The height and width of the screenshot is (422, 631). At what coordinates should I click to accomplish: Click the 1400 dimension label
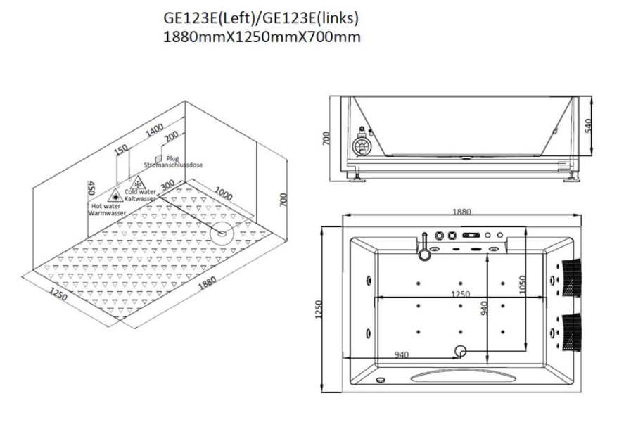click(154, 129)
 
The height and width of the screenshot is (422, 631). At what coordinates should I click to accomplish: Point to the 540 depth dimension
click(588, 125)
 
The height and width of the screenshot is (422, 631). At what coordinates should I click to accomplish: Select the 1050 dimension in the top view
click(523, 284)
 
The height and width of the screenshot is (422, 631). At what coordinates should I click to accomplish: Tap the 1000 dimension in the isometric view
click(223, 193)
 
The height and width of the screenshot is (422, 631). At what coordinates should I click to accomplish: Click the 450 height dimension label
click(91, 188)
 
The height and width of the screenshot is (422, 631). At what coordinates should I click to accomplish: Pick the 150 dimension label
click(121, 150)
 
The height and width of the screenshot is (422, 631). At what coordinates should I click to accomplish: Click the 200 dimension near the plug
click(172, 136)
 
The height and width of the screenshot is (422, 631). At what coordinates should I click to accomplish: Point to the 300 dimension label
click(167, 185)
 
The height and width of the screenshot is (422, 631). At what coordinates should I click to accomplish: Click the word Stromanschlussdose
click(173, 165)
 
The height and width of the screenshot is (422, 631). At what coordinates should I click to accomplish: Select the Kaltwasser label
click(140, 199)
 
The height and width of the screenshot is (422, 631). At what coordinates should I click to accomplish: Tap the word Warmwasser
click(107, 213)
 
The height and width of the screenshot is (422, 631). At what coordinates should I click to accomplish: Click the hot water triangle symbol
click(116, 195)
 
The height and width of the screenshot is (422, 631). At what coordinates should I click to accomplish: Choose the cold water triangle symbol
click(139, 183)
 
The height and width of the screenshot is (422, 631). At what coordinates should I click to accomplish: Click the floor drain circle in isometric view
click(222, 233)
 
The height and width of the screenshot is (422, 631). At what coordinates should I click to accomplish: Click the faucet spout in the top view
click(423, 247)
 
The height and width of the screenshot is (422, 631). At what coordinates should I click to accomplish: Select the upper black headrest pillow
click(572, 278)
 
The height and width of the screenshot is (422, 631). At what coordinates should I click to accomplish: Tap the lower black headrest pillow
click(572, 332)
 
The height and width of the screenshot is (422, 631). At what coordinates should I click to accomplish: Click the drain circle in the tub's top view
click(460, 351)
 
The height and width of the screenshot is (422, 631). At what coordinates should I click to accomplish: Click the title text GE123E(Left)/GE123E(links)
click(261, 18)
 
